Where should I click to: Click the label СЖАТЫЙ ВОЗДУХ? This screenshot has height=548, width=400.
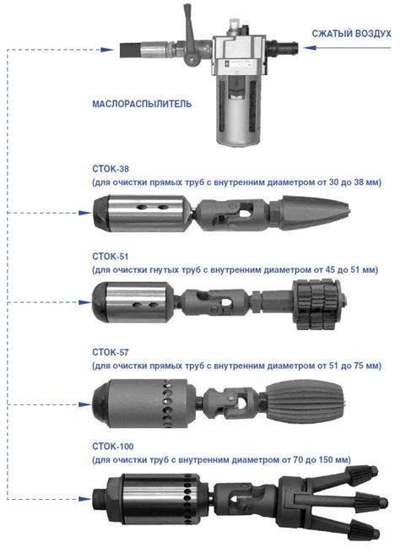point(351,34)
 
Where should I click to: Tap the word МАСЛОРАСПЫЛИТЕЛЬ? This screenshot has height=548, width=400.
point(142,104)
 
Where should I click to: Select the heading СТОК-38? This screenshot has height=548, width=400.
point(111,169)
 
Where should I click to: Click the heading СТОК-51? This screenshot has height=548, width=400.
point(111,256)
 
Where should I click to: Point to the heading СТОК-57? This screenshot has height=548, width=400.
point(111,352)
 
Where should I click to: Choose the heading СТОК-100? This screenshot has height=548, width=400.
point(113,447)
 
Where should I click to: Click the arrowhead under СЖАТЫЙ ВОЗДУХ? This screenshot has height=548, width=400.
point(310,47)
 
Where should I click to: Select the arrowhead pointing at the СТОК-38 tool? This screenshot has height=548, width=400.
point(85,213)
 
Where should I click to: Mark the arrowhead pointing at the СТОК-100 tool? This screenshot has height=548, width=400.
point(85,499)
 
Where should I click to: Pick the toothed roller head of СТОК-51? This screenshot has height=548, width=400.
point(317,304)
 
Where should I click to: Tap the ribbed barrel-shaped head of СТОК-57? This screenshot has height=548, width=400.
point(305,401)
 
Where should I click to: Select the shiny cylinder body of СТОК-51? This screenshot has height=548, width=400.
point(134,302)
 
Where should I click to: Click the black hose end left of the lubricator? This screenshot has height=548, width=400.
point(130,50)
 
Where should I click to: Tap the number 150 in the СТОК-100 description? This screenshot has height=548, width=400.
point(326,459)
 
